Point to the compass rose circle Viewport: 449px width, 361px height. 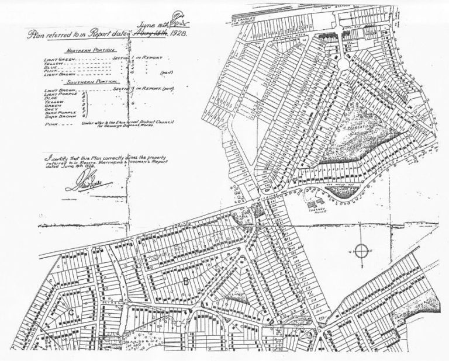tap(362, 252)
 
